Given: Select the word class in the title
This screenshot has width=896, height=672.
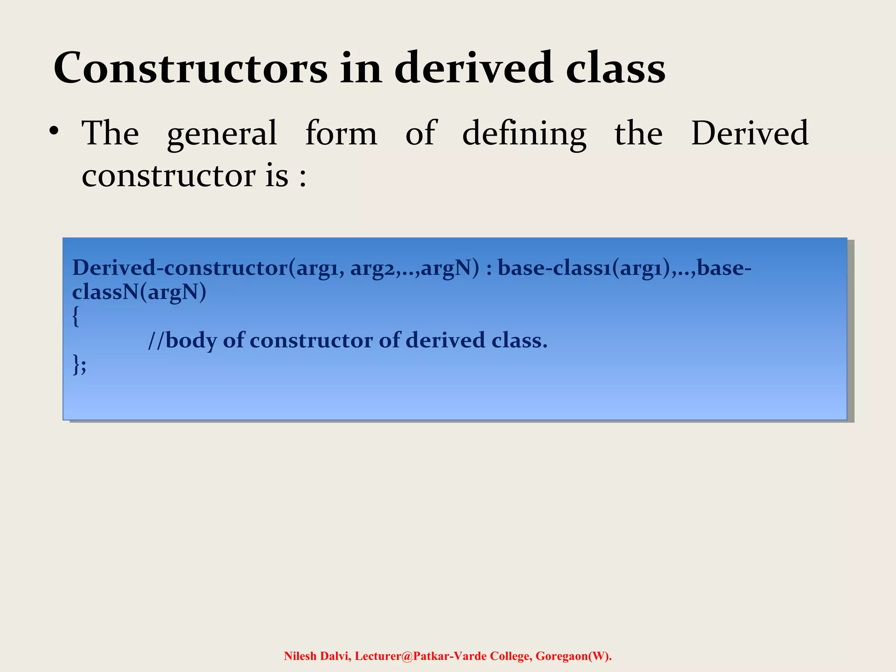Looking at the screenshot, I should click(x=616, y=69).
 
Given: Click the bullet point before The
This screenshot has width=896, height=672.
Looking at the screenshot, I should click(x=54, y=131).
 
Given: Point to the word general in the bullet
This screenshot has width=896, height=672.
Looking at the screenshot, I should click(x=222, y=134).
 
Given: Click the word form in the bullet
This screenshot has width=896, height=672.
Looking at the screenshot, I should click(x=341, y=133).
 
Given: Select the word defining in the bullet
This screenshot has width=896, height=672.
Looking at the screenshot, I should click(x=524, y=134).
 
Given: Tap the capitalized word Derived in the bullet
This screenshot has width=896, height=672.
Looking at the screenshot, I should click(x=749, y=133).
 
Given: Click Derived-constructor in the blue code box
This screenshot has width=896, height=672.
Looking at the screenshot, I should click(x=180, y=268).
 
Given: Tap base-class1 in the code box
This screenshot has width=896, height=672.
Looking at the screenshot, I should click(x=554, y=268).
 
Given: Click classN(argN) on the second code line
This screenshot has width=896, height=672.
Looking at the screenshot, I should click(x=139, y=292).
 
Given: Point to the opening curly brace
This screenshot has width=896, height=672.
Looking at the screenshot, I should click(x=76, y=316).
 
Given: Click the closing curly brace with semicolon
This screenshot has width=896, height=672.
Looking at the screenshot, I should click(x=79, y=364).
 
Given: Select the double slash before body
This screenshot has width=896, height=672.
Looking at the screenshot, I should click(x=156, y=340).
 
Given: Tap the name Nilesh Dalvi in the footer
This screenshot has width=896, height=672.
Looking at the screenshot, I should click(x=317, y=656).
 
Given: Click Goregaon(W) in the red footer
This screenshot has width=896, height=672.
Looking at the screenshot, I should click(x=573, y=656).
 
